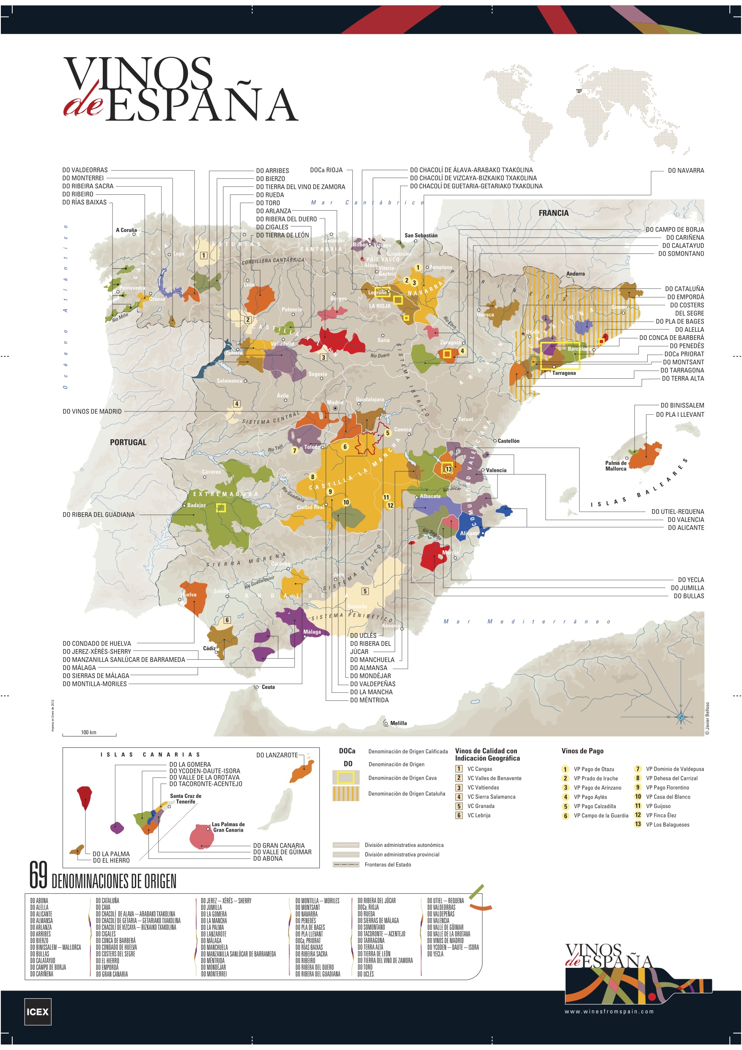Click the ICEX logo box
[38, 1011]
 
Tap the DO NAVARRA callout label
[685, 171]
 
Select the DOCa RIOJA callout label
[326, 170]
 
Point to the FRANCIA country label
[553, 213]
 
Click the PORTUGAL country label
[128, 442]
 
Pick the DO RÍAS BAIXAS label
[84, 202]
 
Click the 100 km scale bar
[89, 734]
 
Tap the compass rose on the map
[680, 717]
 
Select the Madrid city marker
[335, 408]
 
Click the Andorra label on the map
[575, 273]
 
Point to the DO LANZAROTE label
[277, 755]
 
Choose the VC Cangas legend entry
[479, 769]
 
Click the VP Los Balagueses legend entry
[667, 824]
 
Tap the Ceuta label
[268, 687]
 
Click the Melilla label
[398, 723]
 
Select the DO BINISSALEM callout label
[682, 405]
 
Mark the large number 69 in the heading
[38, 875]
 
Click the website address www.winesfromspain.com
[609, 1011]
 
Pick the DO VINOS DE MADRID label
[92, 412]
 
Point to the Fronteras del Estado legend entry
[387, 864]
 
